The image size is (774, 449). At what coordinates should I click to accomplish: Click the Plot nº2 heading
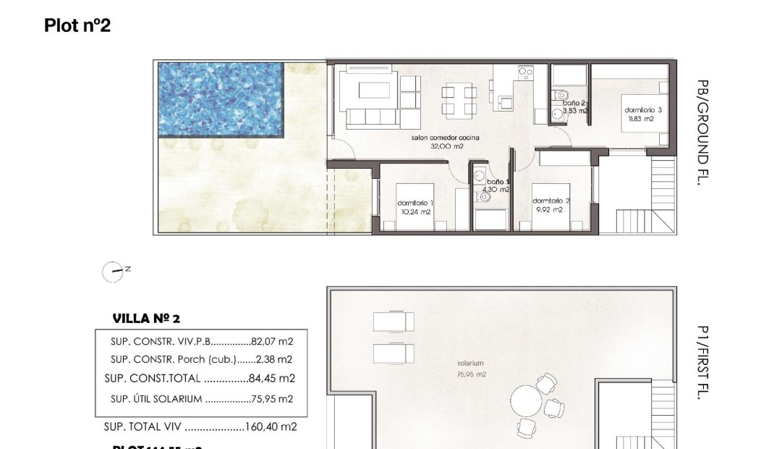pos(77,26)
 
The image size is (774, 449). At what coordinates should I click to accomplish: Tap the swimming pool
pos(221,99)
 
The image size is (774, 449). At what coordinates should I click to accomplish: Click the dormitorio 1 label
pos(415,208)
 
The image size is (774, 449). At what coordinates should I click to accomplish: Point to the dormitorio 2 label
pos(550,205)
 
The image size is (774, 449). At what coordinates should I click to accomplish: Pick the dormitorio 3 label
pos(642,114)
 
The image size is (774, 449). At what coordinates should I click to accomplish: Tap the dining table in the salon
pos(460,101)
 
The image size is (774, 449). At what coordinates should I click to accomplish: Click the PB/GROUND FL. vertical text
pos(701,133)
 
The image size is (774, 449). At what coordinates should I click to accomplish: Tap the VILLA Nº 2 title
pos(146,319)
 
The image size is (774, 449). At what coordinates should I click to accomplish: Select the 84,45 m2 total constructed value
pos(272,378)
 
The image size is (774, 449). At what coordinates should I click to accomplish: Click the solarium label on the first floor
pos(470,364)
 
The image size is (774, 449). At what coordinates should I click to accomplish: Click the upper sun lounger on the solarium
pos(394,320)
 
